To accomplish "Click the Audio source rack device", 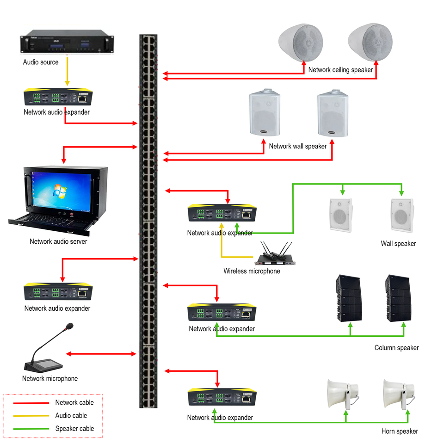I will (67, 43).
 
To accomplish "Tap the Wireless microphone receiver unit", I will (275, 259).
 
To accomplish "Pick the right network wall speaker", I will (332, 113).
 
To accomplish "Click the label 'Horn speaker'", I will (400, 431).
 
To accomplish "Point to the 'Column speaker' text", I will (396, 348).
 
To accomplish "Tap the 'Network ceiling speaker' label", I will (340, 70).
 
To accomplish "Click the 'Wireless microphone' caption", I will (252, 271).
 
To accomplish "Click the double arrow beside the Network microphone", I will (101, 354).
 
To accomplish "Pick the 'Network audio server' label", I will (58, 241).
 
